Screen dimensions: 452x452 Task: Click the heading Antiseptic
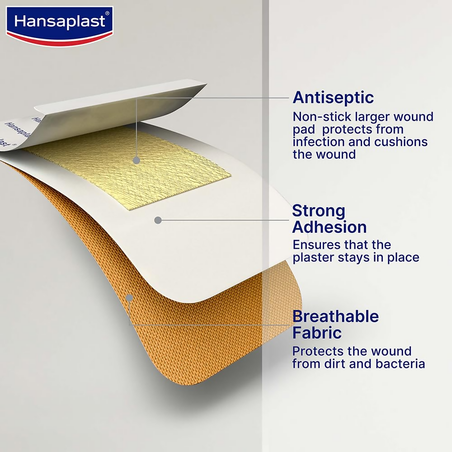point(333,97)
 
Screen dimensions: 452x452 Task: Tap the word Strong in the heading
point(319,211)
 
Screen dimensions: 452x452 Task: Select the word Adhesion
point(330,227)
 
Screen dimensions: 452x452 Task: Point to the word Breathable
point(336,316)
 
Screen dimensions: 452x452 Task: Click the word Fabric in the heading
point(317,333)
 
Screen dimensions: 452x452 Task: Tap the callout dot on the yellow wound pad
point(136,160)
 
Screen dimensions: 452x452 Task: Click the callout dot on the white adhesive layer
point(158,220)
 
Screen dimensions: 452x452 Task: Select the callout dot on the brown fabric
point(129,298)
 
